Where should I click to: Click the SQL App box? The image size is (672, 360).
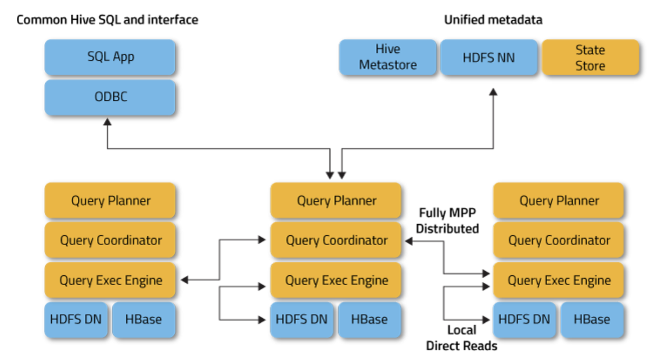[x=110, y=57]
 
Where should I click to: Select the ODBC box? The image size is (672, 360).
[x=110, y=97]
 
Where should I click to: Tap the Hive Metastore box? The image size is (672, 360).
[x=388, y=57]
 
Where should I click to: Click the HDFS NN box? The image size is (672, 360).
[x=488, y=57]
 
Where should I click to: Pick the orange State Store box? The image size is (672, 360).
[x=590, y=57]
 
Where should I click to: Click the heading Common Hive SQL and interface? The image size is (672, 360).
[x=107, y=20]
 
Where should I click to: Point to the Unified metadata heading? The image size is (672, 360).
[x=493, y=20]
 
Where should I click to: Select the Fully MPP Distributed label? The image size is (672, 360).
[x=447, y=221]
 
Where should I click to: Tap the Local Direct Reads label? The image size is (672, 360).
[x=462, y=338]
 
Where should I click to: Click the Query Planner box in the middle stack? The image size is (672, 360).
[x=336, y=200]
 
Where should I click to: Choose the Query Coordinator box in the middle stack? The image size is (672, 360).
[x=336, y=240]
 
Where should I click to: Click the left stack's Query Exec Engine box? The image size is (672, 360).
[x=110, y=280]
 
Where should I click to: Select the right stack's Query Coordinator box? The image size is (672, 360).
[x=558, y=240]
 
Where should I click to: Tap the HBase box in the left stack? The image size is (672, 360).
[x=143, y=319]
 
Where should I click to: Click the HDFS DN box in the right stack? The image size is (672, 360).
[x=524, y=319]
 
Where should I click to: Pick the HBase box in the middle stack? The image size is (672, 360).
[x=369, y=319]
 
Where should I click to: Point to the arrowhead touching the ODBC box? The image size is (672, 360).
[x=107, y=122]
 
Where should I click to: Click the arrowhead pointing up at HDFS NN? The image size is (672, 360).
[x=493, y=92]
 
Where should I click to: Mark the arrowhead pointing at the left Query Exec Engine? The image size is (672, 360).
[x=184, y=280]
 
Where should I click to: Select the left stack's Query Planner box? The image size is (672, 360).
[x=110, y=200]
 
